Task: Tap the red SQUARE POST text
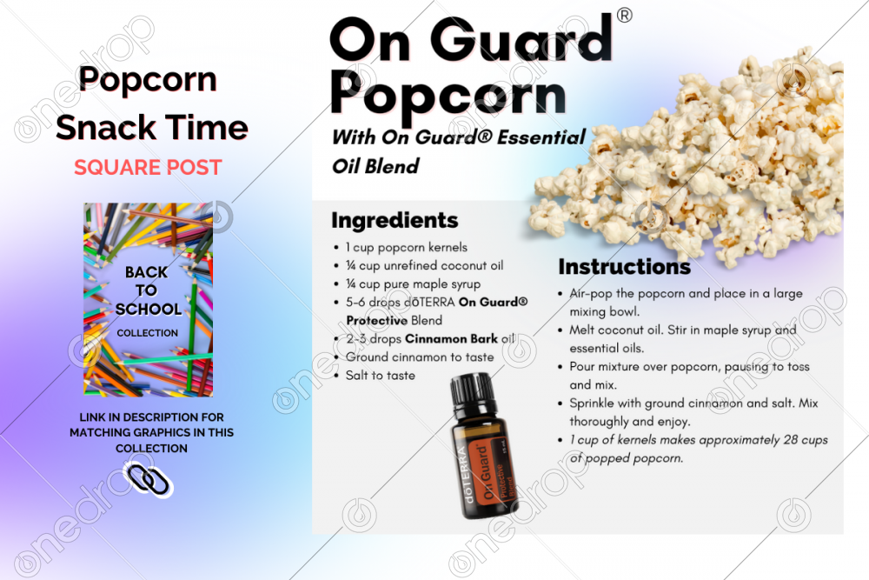pos(148,167)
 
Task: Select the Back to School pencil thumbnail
pos(148,298)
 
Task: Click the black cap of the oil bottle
pos(477,397)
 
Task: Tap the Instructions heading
pos(624,266)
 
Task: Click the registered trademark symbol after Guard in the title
pos(624,16)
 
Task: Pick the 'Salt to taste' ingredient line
pos(380,376)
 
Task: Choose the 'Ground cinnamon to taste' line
pos(419,357)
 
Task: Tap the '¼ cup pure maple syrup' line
pos(412,284)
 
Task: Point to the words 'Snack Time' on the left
pos(152,128)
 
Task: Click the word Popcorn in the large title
pos(448,95)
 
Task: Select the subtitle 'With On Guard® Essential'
pos(458,137)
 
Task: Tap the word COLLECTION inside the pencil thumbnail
pos(148,333)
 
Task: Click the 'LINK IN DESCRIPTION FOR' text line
pos(151,417)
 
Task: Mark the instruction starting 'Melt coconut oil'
pos(682,330)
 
